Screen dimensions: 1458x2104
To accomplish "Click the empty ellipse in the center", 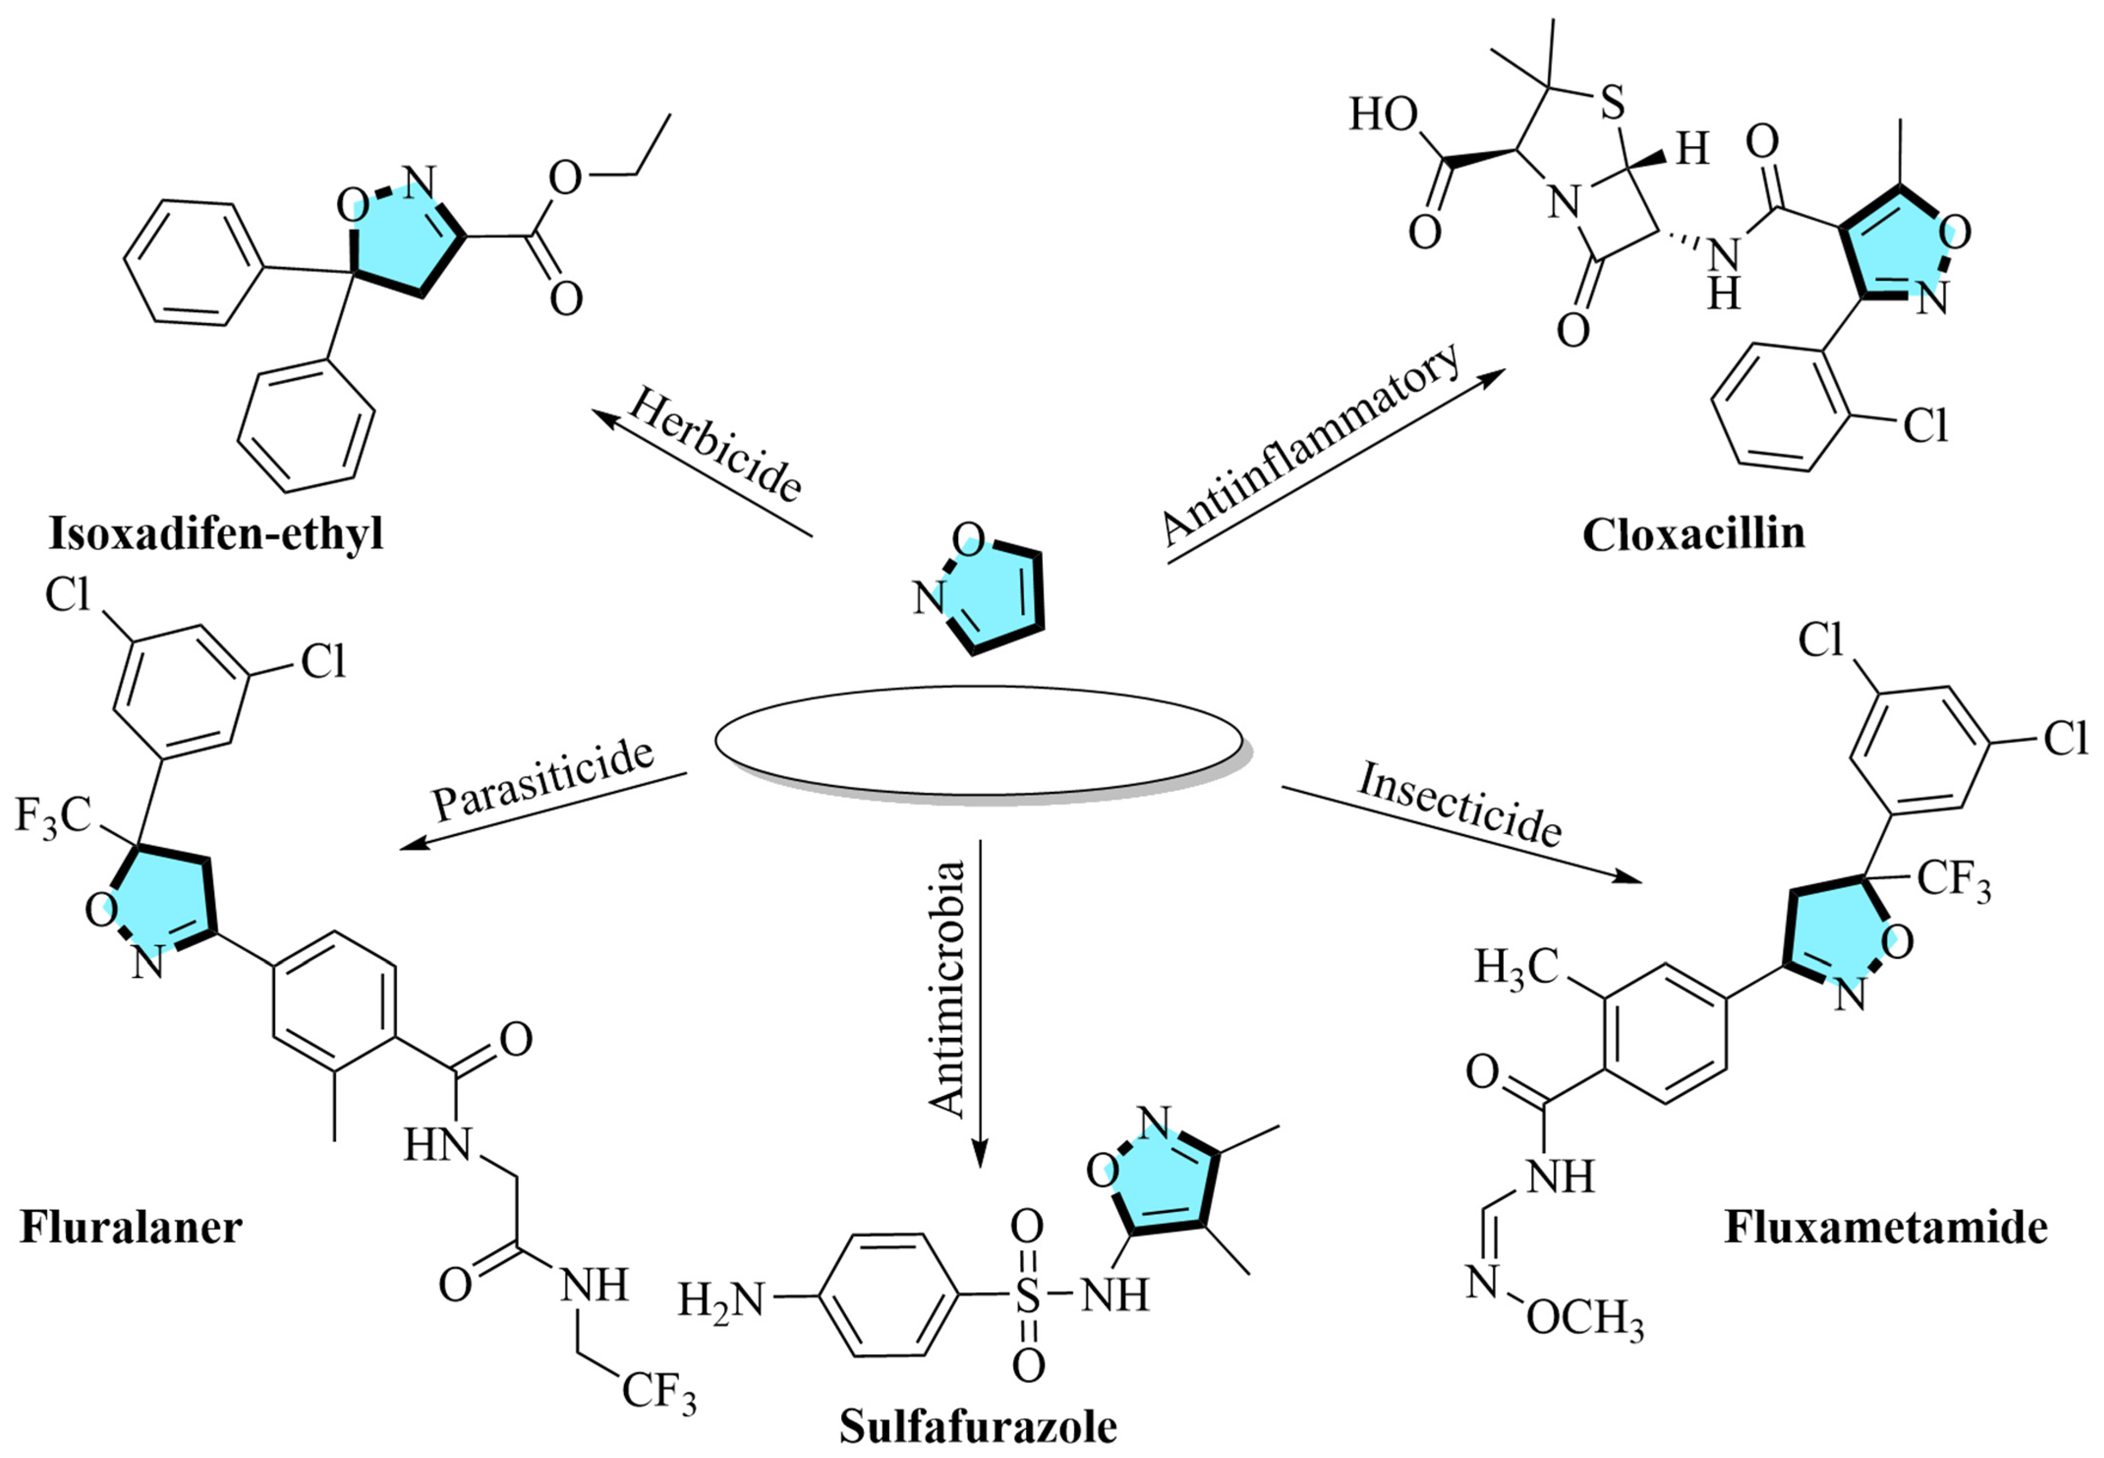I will (x=977, y=745).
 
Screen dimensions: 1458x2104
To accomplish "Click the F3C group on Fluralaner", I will (x=53, y=816).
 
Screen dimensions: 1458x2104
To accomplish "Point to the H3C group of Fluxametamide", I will (x=1516, y=967).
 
